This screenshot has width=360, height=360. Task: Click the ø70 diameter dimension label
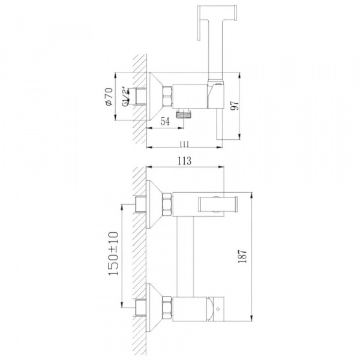click(110, 97)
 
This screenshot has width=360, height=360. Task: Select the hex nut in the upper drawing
click(167, 97)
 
